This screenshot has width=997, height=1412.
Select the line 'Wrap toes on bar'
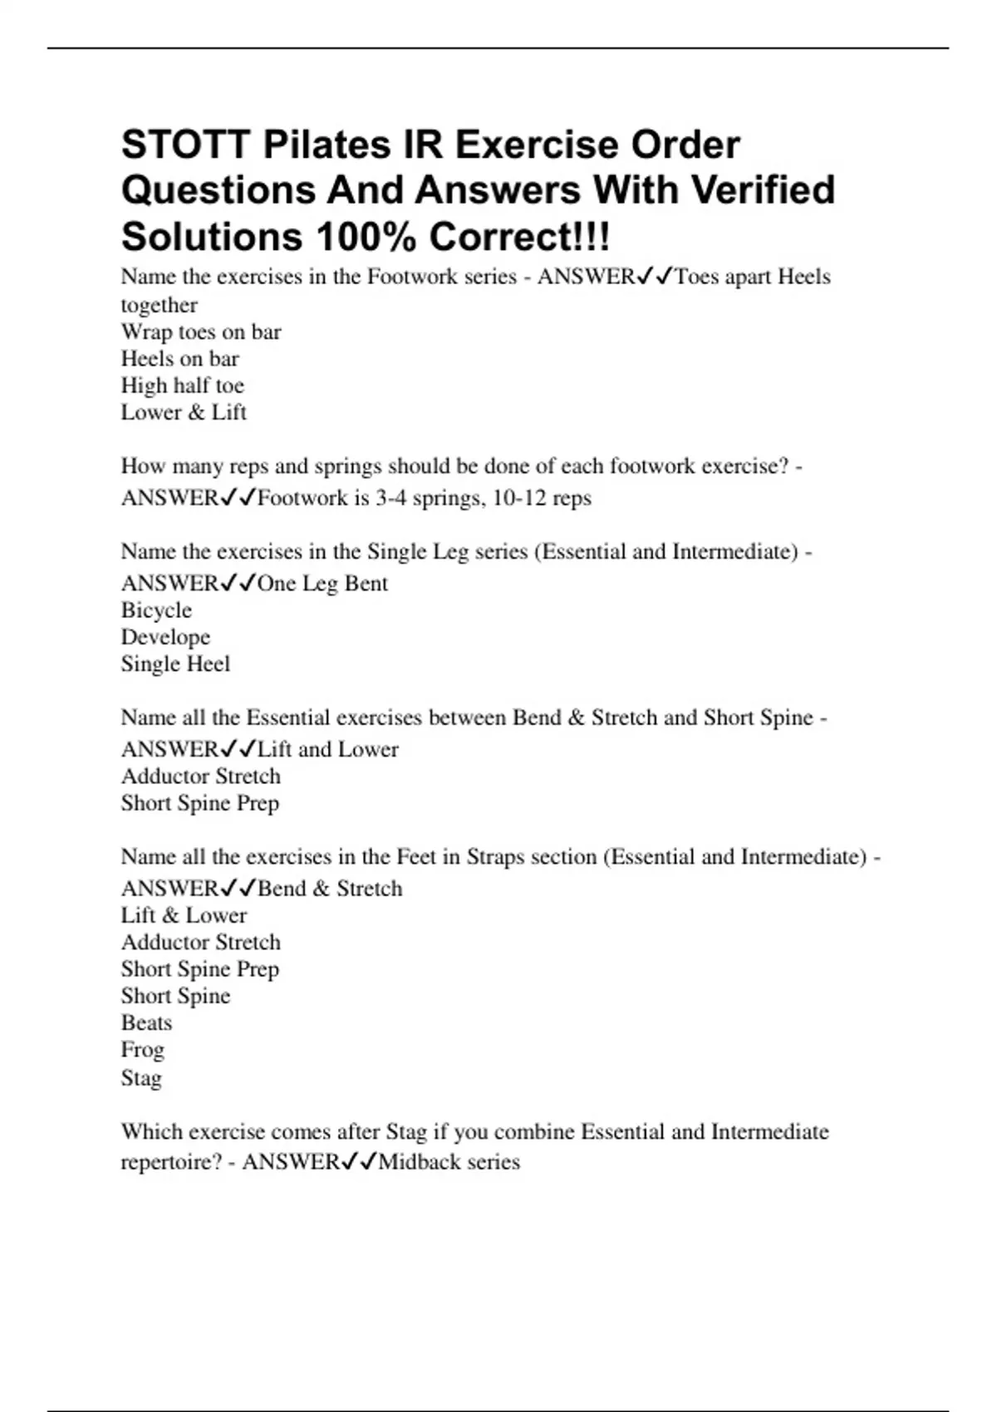click(x=201, y=331)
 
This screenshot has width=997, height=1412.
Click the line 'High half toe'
click(x=183, y=385)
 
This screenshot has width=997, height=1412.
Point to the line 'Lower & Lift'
click(x=184, y=412)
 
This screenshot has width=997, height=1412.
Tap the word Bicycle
click(x=156, y=610)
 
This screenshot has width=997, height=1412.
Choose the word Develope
click(x=165, y=637)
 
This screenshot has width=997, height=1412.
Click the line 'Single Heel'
click(x=175, y=664)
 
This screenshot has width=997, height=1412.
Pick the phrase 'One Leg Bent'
click(x=322, y=584)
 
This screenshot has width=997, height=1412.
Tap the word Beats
click(x=146, y=1022)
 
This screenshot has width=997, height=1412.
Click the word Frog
click(x=143, y=1050)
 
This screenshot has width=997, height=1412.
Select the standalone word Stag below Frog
click(x=141, y=1078)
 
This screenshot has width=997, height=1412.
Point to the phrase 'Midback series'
click(x=449, y=1162)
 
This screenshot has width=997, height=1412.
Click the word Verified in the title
click(x=763, y=190)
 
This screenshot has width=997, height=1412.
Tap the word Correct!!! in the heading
click(x=519, y=238)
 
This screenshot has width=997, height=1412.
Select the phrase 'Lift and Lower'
click(x=328, y=750)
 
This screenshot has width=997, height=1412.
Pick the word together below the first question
click(x=160, y=305)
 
